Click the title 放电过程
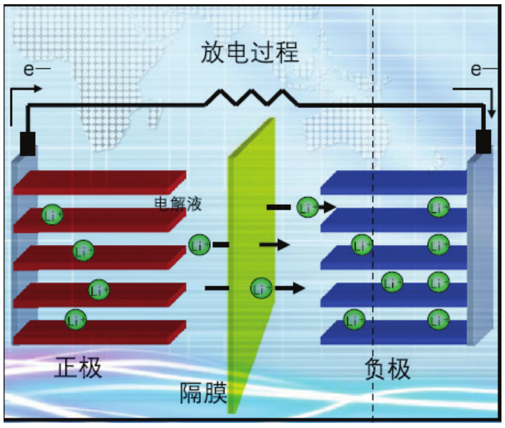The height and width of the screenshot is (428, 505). [250, 54]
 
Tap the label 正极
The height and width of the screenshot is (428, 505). [78, 367]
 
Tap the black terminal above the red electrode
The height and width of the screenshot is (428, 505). [28, 143]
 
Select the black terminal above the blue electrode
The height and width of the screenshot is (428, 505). [483, 141]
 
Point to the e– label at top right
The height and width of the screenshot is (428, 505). [480, 70]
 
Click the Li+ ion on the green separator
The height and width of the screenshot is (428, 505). [262, 288]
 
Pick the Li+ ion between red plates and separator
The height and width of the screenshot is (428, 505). [200, 245]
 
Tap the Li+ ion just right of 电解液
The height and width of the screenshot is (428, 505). [307, 207]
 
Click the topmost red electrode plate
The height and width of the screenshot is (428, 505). [99, 182]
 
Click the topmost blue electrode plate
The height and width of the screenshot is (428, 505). [391, 182]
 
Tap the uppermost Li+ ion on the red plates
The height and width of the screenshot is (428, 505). [52, 214]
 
